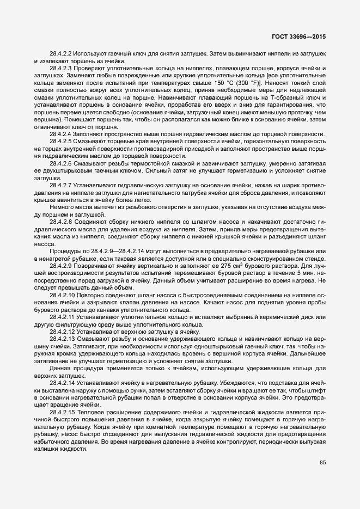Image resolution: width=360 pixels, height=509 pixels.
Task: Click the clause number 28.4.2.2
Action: [61, 54]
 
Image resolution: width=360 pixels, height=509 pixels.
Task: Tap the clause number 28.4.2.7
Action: [61, 185]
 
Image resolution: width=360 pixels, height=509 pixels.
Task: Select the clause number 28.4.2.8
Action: [61, 224]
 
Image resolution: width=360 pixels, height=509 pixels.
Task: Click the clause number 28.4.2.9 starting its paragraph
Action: [61, 266]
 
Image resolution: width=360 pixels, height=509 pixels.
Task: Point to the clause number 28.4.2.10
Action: [62, 295]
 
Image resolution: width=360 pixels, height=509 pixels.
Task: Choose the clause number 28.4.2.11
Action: [62, 316]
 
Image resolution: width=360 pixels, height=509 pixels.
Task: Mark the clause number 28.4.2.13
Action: [62, 340]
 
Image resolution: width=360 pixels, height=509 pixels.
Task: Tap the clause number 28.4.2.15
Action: [62, 413]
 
